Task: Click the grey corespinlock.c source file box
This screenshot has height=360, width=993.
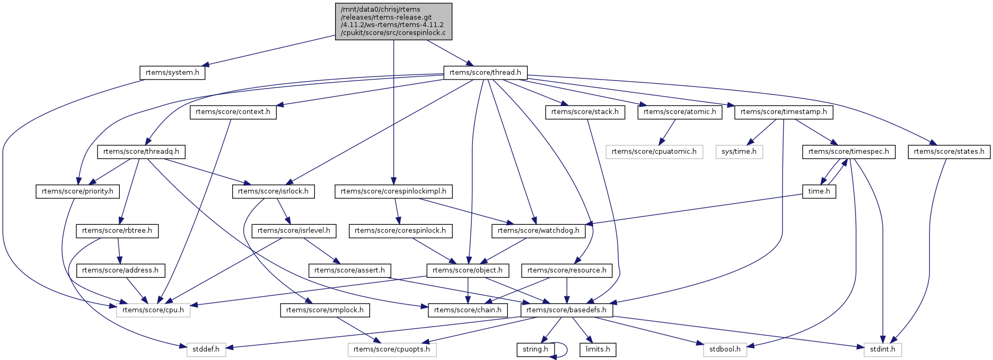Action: [393, 21]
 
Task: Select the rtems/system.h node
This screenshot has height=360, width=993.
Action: [172, 73]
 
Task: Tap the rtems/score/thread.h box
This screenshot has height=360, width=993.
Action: [485, 73]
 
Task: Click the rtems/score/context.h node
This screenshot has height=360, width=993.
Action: [233, 112]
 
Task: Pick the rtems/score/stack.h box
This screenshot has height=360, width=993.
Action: [585, 112]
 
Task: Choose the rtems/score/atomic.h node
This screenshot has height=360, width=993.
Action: [680, 112]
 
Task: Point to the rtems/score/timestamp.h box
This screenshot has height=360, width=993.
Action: [784, 112]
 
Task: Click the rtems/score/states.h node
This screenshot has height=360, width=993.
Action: [949, 152]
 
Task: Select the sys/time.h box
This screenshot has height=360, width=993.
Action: [739, 152]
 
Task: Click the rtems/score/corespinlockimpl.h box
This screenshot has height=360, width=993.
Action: [393, 191]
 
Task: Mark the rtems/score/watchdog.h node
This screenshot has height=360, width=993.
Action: [539, 231]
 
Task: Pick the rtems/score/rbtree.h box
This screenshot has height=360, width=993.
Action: [117, 231]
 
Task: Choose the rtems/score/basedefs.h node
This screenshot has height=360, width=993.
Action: [567, 310]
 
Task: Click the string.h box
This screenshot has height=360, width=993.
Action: [535, 350]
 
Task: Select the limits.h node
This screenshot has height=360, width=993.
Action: [598, 350]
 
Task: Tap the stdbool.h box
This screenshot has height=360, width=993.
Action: [725, 350]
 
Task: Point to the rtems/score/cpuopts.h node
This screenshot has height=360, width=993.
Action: [392, 350]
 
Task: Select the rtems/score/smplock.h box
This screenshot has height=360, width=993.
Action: [325, 310]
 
